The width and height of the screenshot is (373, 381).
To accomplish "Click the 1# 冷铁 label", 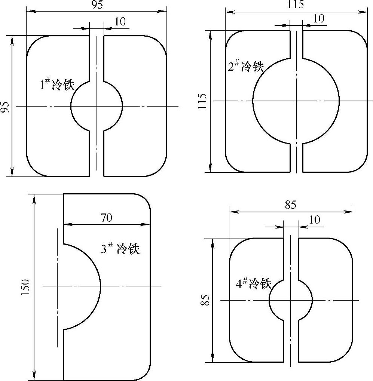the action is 57,84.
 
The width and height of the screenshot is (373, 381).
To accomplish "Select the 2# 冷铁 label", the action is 246,66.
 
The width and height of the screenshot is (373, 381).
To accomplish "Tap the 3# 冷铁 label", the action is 120,248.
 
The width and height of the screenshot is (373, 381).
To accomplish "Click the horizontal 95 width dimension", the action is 97,5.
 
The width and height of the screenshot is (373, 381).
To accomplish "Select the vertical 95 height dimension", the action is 4,107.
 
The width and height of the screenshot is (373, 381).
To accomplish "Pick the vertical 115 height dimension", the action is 202,101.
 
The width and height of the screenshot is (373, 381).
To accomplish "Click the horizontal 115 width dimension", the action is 296,4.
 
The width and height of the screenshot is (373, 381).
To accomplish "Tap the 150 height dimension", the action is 25,287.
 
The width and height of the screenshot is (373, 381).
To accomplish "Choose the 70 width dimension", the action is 107,218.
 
